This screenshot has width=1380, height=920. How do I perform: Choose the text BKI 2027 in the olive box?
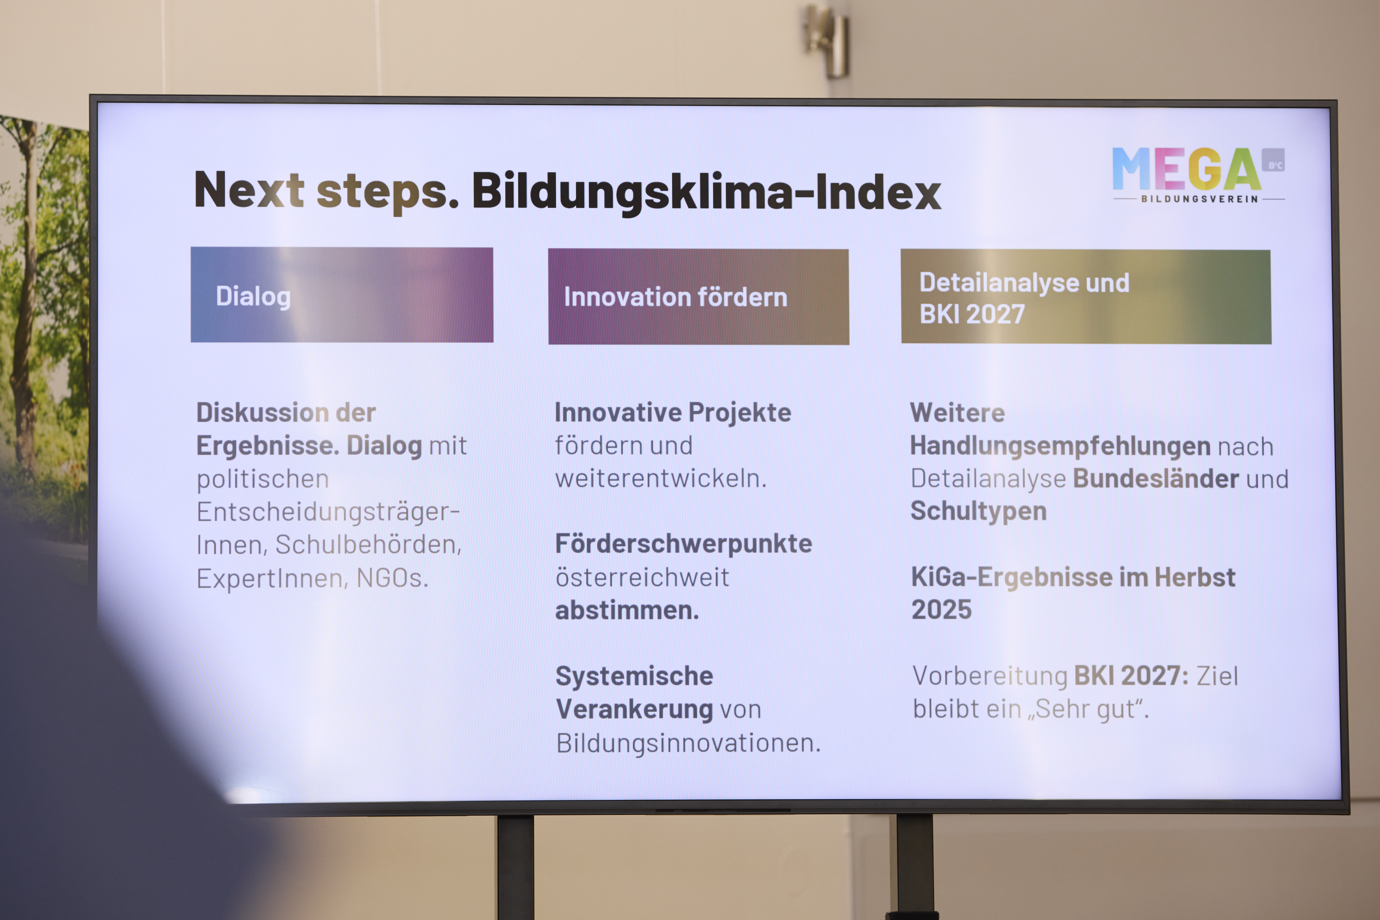pos(972,314)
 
